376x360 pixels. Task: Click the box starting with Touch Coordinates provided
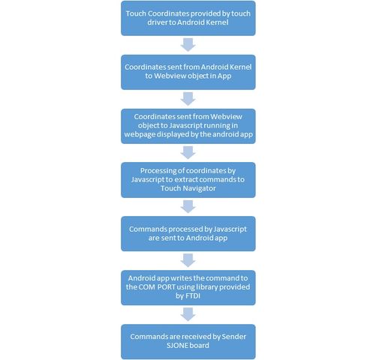tap(188, 18)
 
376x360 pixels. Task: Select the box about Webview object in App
tap(188, 72)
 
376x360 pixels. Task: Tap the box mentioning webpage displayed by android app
tap(188, 126)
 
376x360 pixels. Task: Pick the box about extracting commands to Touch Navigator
tap(188, 180)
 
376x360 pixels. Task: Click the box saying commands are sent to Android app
tap(188, 233)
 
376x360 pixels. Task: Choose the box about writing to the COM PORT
tap(188, 287)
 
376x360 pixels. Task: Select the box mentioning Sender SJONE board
tap(188, 341)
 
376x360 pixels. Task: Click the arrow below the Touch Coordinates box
tap(188, 45)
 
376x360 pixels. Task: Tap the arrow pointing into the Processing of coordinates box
tap(188, 153)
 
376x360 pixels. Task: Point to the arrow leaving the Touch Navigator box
tap(188, 207)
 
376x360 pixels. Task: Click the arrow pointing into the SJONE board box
tap(188, 314)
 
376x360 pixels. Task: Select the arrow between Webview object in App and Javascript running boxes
tap(188, 99)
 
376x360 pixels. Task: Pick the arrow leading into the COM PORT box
tap(188, 260)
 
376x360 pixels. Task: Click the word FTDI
tap(193, 296)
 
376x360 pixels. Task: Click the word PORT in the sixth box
tap(166, 287)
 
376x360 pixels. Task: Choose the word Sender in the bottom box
tap(234, 337)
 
